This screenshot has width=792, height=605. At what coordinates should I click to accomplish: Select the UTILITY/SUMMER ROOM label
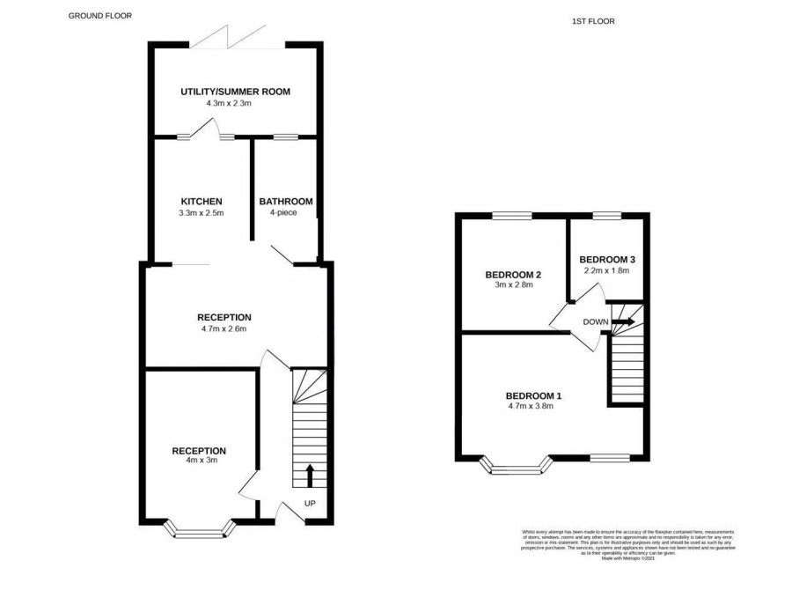pyautogui.click(x=235, y=92)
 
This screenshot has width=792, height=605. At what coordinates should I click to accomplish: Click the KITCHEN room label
pyautogui.click(x=202, y=202)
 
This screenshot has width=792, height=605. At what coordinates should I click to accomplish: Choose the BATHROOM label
pyautogui.click(x=285, y=202)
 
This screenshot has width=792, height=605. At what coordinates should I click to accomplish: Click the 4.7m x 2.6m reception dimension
pyautogui.click(x=224, y=329)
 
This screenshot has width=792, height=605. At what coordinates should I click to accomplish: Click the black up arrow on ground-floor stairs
pyautogui.click(x=309, y=476)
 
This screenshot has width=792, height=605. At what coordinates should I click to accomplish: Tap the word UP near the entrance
pyautogui.click(x=309, y=504)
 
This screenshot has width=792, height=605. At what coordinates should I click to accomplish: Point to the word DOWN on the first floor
pyautogui.click(x=594, y=321)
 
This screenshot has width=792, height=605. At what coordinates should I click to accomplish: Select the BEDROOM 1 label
pyautogui.click(x=533, y=395)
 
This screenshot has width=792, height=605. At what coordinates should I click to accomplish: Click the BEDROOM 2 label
pyautogui.click(x=513, y=275)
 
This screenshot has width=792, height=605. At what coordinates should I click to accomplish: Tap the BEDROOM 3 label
pyautogui.click(x=606, y=259)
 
